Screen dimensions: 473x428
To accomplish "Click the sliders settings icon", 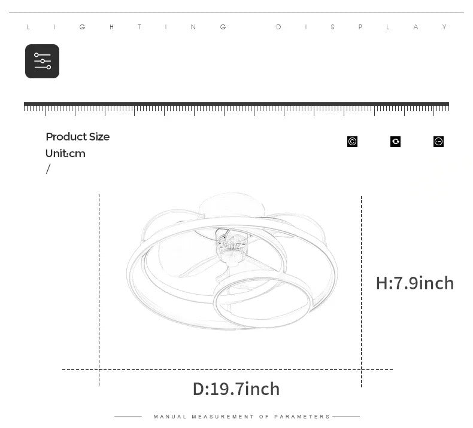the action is coord(43,61).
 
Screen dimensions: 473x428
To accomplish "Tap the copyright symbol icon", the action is coord(352,142).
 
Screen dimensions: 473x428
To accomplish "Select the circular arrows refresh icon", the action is coord(396,142).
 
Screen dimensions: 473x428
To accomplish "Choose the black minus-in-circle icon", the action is coord(439,142).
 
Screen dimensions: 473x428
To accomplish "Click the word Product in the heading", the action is coord(66,137).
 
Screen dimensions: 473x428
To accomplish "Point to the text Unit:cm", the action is coord(65,154).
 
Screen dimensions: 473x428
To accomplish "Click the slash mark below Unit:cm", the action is coord(48,169).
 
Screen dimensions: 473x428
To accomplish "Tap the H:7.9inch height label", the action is coord(415,283).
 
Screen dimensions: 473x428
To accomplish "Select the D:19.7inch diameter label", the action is coord(236,389).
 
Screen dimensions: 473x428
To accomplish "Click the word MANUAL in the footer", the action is coord(170,417).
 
